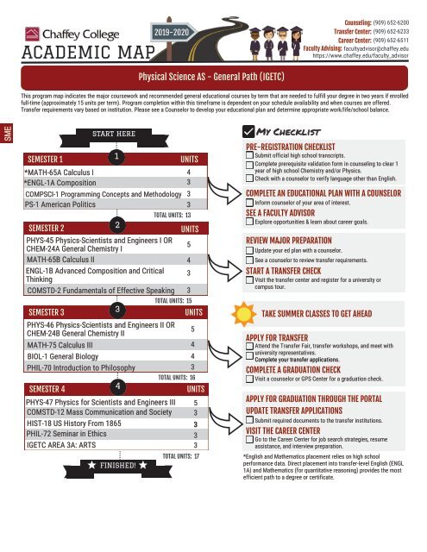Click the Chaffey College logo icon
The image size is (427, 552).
tap(32, 34)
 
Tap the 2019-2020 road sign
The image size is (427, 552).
tap(173, 33)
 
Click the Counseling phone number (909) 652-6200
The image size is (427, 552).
tap(391, 23)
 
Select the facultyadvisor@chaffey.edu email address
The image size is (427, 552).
tap(376, 48)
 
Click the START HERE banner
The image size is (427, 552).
tap(114, 137)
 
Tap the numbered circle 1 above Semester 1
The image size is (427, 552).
tap(116, 156)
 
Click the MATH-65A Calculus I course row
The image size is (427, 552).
tap(116, 172)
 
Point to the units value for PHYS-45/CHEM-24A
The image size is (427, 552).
tap(189, 244)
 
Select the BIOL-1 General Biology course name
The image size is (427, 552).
tap(63, 356)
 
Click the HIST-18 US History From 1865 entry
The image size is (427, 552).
tap(74, 423)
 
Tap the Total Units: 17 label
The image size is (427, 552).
tap(180, 456)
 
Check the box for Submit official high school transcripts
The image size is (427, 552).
tap(249, 155)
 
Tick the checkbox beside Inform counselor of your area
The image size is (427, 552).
tap(249, 203)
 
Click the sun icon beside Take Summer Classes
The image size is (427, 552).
tap(243, 314)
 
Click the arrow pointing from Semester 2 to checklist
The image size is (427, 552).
tap(224, 268)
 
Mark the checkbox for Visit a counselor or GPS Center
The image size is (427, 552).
tap(249, 379)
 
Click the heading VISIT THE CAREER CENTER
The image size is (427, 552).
tap(283, 430)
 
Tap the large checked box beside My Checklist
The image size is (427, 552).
tap(248, 131)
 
